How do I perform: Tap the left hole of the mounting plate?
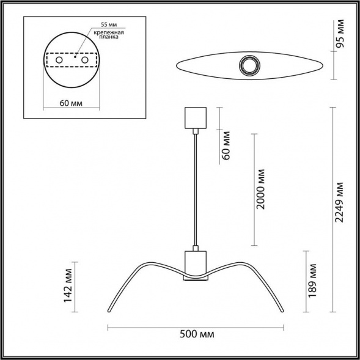point(60,61)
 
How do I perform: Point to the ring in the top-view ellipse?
point(249,64)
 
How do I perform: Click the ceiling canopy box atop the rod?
point(196,118)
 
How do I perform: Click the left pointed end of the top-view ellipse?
point(176,65)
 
